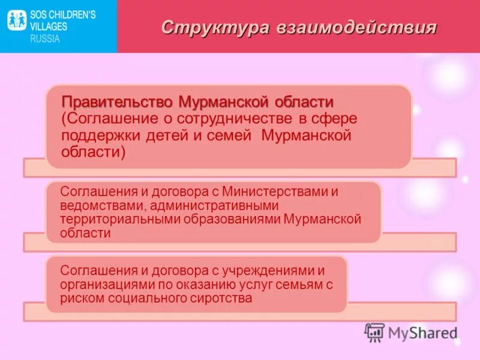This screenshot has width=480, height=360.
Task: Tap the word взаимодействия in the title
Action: point(356,28)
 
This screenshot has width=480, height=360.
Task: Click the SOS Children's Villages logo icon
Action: point(17,21)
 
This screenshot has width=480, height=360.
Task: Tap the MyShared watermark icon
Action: point(374,332)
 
